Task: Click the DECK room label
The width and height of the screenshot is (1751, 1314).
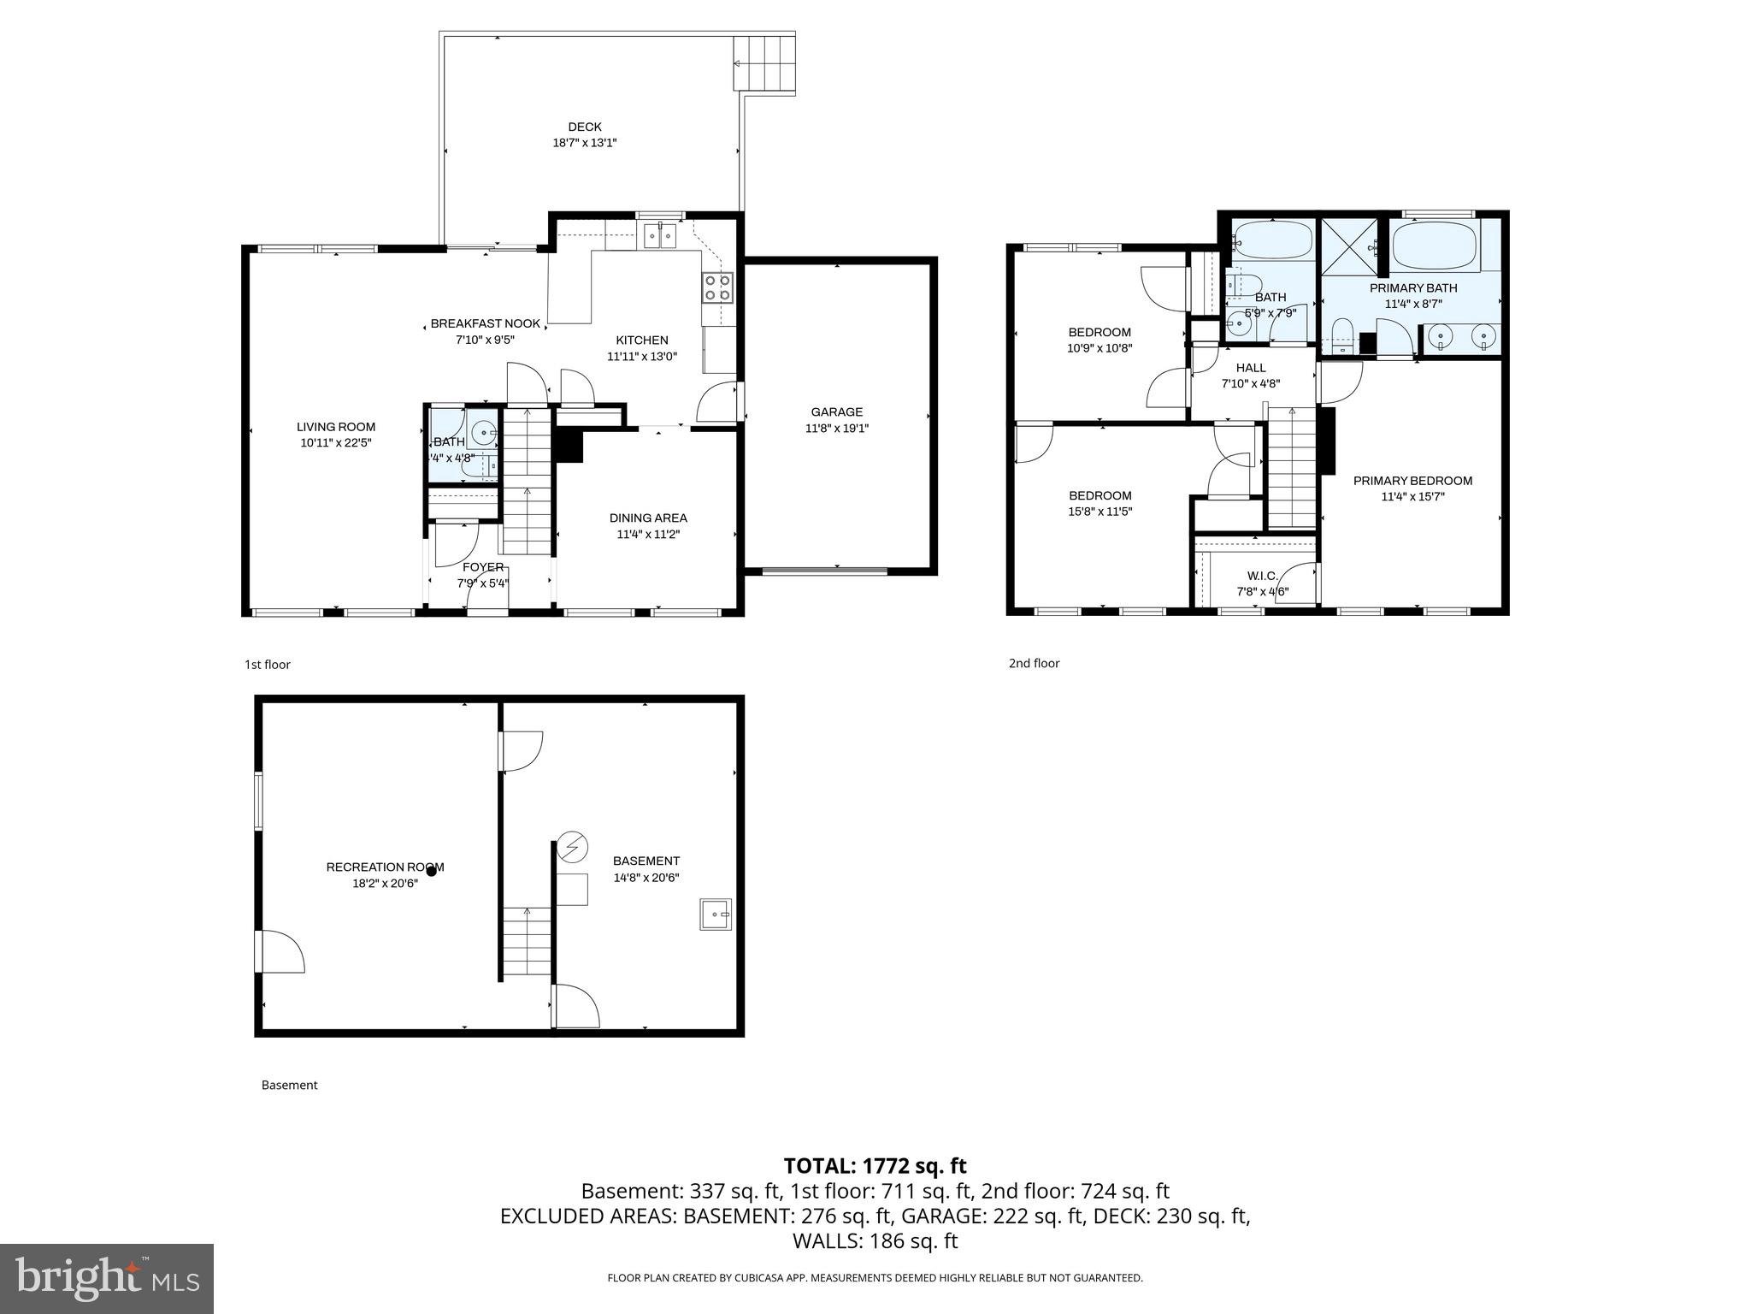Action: (x=584, y=127)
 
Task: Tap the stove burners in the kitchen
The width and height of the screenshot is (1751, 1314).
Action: (x=717, y=287)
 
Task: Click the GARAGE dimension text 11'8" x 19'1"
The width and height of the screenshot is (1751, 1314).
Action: (x=836, y=429)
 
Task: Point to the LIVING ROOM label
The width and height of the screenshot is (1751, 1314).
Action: (x=336, y=427)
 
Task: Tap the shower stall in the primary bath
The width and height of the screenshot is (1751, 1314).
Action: (x=1350, y=246)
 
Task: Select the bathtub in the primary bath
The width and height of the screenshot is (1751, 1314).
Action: (x=1434, y=246)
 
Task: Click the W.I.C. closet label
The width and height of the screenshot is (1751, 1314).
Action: (x=1262, y=576)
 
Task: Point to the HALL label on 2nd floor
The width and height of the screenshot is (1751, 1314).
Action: (x=1250, y=368)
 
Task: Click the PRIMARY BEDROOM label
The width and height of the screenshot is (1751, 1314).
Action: (x=1412, y=481)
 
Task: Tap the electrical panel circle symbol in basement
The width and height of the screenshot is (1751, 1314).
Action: (x=572, y=847)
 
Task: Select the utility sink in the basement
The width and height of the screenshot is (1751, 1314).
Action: (x=716, y=914)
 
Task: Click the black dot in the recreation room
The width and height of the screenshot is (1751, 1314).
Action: (x=432, y=871)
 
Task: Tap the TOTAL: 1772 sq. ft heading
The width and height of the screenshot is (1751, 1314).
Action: (x=875, y=1165)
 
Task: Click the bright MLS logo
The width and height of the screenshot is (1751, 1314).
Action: (x=107, y=1278)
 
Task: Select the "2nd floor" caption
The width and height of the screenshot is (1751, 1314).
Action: (x=1034, y=663)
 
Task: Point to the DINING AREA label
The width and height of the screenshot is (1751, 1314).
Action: (x=648, y=518)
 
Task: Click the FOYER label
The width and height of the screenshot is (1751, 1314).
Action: (x=483, y=567)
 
